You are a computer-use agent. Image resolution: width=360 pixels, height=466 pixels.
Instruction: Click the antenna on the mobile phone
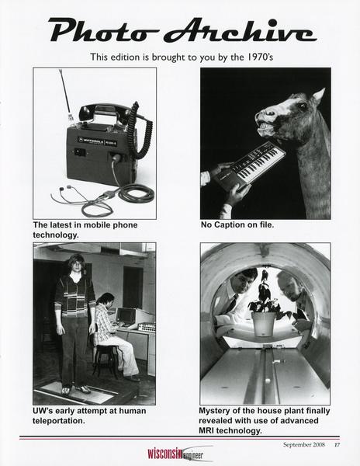point(65,93)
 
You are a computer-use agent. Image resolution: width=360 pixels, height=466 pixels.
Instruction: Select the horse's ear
point(319,96)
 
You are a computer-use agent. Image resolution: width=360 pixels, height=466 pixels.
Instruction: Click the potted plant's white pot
point(263,324)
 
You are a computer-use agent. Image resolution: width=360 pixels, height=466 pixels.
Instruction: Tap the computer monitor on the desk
point(127,317)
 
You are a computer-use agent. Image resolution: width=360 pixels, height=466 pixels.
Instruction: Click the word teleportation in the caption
point(59,421)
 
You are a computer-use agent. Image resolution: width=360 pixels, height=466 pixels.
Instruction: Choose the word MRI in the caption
point(206,430)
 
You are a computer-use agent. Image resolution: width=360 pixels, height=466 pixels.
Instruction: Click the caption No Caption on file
point(237,225)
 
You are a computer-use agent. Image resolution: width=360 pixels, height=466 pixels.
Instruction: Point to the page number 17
point(337,445)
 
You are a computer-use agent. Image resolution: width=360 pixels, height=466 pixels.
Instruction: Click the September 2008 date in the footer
point(304,444)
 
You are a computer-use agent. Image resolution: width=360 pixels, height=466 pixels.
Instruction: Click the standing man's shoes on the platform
point(76,389)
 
